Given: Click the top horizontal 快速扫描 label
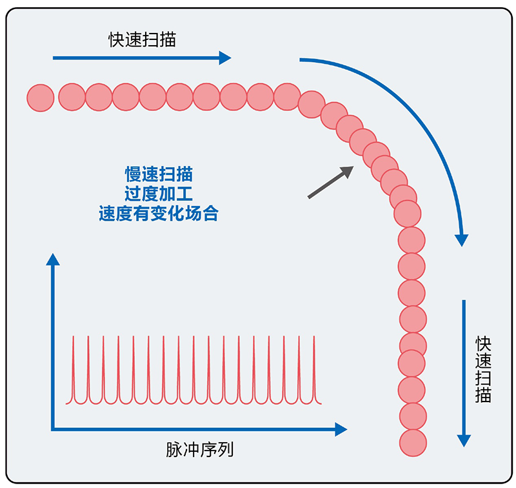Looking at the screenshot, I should [x=142, y=40].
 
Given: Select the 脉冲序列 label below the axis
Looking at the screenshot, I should [x=199, y=449].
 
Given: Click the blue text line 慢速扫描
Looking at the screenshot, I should [x=158, y=174].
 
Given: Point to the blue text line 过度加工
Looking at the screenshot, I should [x=158, y=194].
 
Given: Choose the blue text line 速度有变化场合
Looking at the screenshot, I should [x=158, y=214].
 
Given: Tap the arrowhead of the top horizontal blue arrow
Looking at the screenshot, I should [x=225, y=58].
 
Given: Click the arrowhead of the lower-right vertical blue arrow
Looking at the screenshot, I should [x=463, y=441].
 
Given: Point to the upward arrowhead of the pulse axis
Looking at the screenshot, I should [x=53, y=259].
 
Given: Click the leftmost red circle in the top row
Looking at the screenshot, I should [x=40, y=97].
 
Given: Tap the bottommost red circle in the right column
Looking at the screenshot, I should [x=413, y=442].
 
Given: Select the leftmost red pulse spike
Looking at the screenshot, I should [x=74, y=368].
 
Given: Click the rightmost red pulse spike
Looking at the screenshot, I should [x=314, y=368].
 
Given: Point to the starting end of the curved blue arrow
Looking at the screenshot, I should [x=301, y=60].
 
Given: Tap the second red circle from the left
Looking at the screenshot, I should [x=72, y=97].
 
